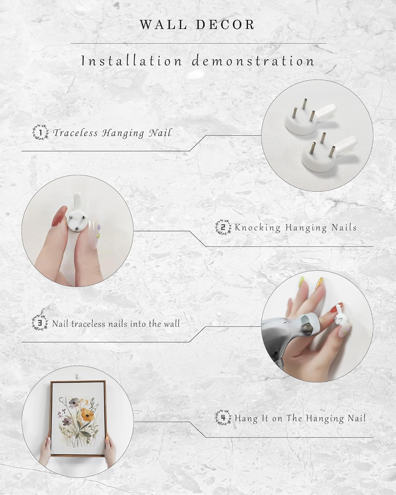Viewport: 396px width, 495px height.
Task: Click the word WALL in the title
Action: tap(163, 25)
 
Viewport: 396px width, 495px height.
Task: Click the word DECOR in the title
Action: tap(225, 25)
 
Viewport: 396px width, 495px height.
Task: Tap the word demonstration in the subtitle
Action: tap(253, 61)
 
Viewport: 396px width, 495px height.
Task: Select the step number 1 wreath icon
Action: tap(41, 132)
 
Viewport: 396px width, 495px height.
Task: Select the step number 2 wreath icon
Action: tap(223, 227)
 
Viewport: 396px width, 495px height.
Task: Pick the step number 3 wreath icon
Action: tap(40, 323)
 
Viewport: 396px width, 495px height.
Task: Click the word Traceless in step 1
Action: tap(75, 133)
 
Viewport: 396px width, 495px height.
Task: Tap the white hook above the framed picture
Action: tap(78, 377)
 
